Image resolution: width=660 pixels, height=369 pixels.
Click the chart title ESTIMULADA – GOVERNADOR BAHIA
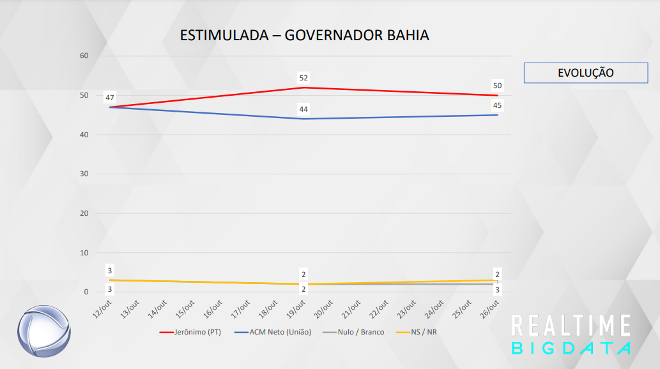pos(304,35)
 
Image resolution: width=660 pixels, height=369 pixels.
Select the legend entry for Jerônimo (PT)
pos(190,332)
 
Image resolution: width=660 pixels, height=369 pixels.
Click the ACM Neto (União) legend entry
pos(273,332)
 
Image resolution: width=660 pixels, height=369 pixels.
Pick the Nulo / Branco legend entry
pos(353,332)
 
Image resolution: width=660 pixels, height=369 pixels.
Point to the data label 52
pos(303,78)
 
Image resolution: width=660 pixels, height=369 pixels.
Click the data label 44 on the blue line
pos(303,109)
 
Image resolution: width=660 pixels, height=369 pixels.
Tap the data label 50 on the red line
pos(497,86)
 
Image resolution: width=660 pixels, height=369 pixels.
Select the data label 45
pos(497,105)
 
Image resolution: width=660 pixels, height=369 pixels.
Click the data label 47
pos(110,98)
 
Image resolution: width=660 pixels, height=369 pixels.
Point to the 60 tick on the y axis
pos(84,56)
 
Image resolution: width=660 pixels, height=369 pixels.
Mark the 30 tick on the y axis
pos(84,174)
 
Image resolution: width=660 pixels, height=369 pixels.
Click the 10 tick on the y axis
pos(84,253)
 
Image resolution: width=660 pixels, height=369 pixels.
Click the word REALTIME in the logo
pos(571,326)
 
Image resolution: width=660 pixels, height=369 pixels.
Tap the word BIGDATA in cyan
pos(571,349)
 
